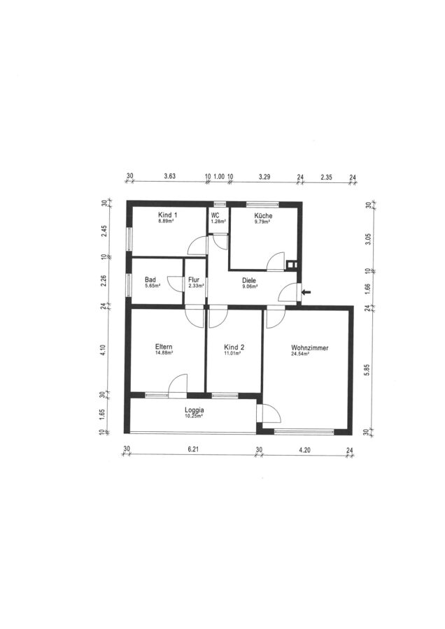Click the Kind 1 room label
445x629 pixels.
click(168, 215)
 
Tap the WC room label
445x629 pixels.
click(216, 215)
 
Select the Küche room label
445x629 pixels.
click(263, 215)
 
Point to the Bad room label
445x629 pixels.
click(150, 280)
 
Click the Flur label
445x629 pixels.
click(194, 280)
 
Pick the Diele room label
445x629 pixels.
click(249, 281)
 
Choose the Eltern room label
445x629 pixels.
click(164, 347)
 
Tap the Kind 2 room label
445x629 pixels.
click(234, 347)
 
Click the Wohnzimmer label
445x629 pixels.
click(310, 348)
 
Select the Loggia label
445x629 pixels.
click(195, 410)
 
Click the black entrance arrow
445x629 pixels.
click(306, 292)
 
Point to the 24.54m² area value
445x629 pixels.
click(300, 354)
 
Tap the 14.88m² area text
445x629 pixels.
click(164, 353)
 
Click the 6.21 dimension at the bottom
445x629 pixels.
click(194, 449)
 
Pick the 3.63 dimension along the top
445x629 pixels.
click(170, 175)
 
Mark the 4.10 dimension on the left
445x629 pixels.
click(104, 350)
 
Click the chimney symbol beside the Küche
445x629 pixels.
click(292, 264)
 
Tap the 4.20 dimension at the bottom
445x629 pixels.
click(305, 450)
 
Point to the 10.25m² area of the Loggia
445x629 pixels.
click(194, 417)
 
